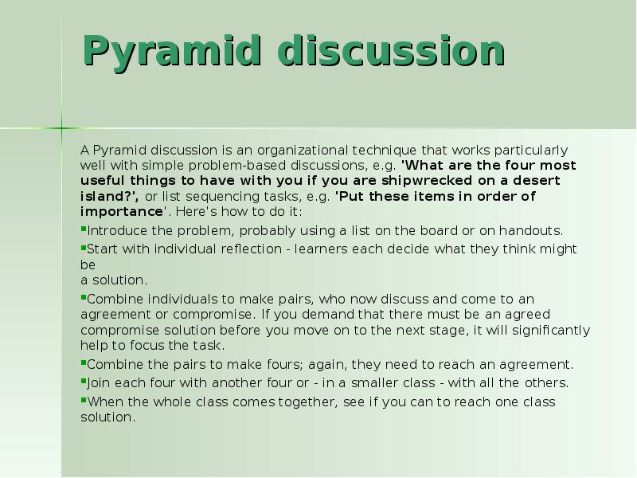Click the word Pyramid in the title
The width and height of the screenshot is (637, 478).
point(171,51)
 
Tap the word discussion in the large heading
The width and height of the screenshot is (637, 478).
point(392,50)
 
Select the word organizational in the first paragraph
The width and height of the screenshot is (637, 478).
point(303,151)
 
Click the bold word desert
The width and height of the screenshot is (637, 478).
point(536,181)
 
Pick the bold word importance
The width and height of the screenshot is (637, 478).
point(122,212)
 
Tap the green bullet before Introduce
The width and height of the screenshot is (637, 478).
point(84,229)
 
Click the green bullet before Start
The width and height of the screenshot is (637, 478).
point(84,248)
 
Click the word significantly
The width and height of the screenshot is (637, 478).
point(551,331)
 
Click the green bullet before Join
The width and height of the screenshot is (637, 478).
point(84,382)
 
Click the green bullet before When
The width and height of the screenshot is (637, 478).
point(84,401)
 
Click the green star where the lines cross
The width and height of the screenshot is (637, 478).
point(62,128)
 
